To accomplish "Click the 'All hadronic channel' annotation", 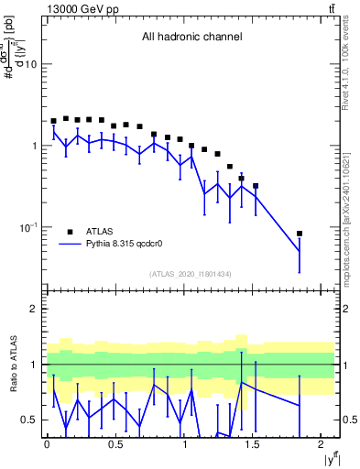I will click(x=191, y=38).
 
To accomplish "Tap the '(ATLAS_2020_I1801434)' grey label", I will click(x=190, y=274).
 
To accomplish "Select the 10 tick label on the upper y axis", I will click(x=30, y=65).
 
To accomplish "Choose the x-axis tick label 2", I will click(x=323, y=444).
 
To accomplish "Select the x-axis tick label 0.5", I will click(x=115, y=444).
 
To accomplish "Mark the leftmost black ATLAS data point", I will click(x=53, y=121).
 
